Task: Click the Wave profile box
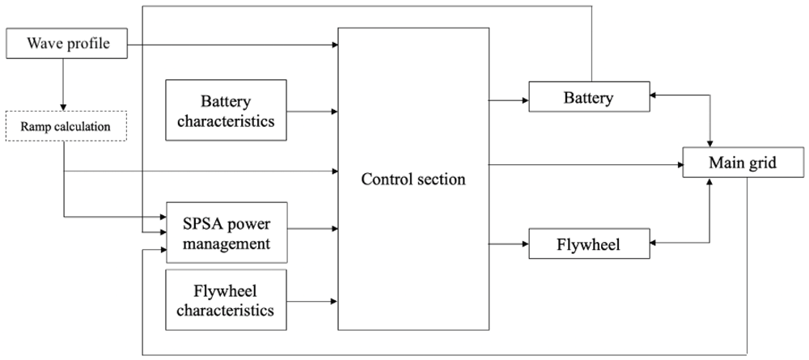coord(66,44)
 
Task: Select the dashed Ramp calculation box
coord(66,126)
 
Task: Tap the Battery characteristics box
coord(226,110)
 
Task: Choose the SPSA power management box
coord(226,233)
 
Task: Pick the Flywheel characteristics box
coord(226,299)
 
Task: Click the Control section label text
coord(413,180)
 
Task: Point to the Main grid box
coord(743,163)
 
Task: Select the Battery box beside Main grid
coord(589,96)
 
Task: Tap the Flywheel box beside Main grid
coord(589,244)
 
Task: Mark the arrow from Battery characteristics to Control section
coord(312,112)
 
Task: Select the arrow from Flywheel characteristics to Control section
coord(312,301)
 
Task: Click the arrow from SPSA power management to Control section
coord(312,227)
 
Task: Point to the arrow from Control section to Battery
coord(509,100)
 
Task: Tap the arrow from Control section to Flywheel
coord(509,244)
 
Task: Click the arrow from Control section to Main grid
coord(586,164)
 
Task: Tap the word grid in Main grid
coord(763,163)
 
